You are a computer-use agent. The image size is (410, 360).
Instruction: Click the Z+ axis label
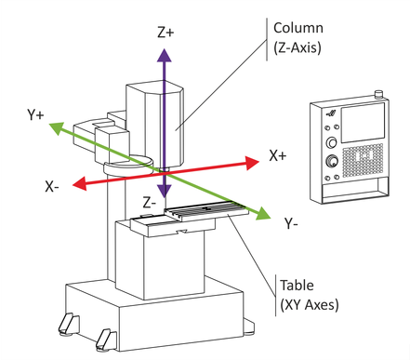click(165, 33)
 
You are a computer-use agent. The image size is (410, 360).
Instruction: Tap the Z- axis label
click(150, 203)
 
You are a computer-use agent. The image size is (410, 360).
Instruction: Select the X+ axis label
click(277, 155)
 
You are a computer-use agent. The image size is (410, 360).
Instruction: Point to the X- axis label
click(52, 187)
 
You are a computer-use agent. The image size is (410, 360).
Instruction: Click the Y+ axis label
click(35, 114)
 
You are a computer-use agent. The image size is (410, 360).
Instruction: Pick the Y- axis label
click(291, 223)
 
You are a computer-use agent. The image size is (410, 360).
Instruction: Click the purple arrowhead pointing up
click(164, 56)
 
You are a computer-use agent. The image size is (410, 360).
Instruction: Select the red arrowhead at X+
click(252, 163)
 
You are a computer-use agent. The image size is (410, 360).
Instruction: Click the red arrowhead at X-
click(79, 182)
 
